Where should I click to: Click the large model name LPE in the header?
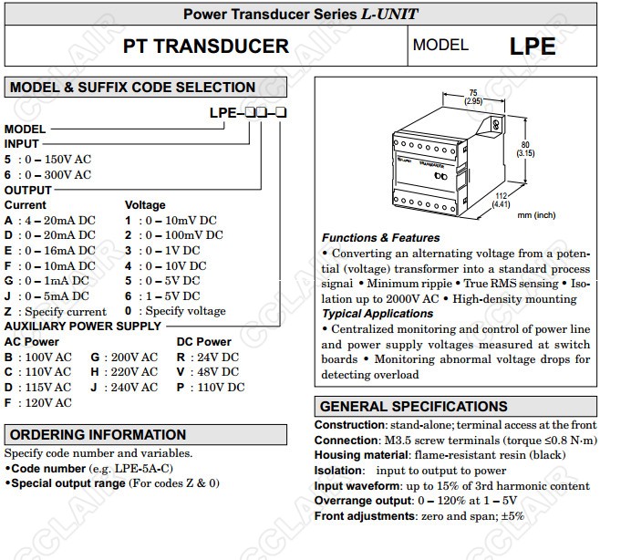tap(533, 47)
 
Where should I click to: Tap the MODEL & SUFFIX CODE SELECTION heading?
tap(132, 88)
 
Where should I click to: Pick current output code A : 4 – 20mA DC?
tap(50, 221)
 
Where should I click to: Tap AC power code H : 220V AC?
tap(124, 372)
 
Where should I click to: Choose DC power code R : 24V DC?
tap(208, 358)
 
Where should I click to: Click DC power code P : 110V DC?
tap(211, 388)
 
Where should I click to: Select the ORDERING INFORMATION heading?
tap(100, 435)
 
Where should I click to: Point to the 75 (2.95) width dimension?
tap(473, 97)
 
